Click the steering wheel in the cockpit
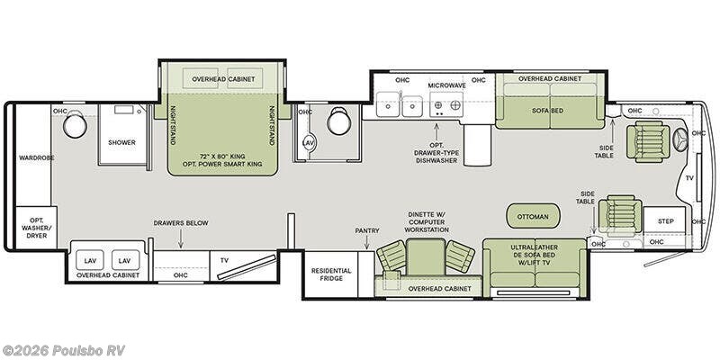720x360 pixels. click(x=680, y=139)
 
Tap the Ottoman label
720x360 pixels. click(x=533, y=216)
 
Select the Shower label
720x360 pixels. click(x=121, y=142)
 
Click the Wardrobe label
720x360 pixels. click(x=36, y=158)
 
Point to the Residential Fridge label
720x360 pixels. click(x=331, y=274)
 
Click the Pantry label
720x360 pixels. click(x=367, y=230)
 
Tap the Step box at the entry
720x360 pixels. click(x=665, y=220)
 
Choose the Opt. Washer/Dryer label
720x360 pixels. click(x=36, y=228)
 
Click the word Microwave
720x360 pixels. click(x=446, y=85)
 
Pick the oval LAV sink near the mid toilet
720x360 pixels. click(x=309, y=143)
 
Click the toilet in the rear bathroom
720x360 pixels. click(x=75, y=124)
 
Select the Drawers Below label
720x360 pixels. click(x=181, y=223)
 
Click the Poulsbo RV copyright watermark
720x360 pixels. click(x=63, y=350)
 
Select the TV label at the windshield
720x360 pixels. click(x=689, y=178)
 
